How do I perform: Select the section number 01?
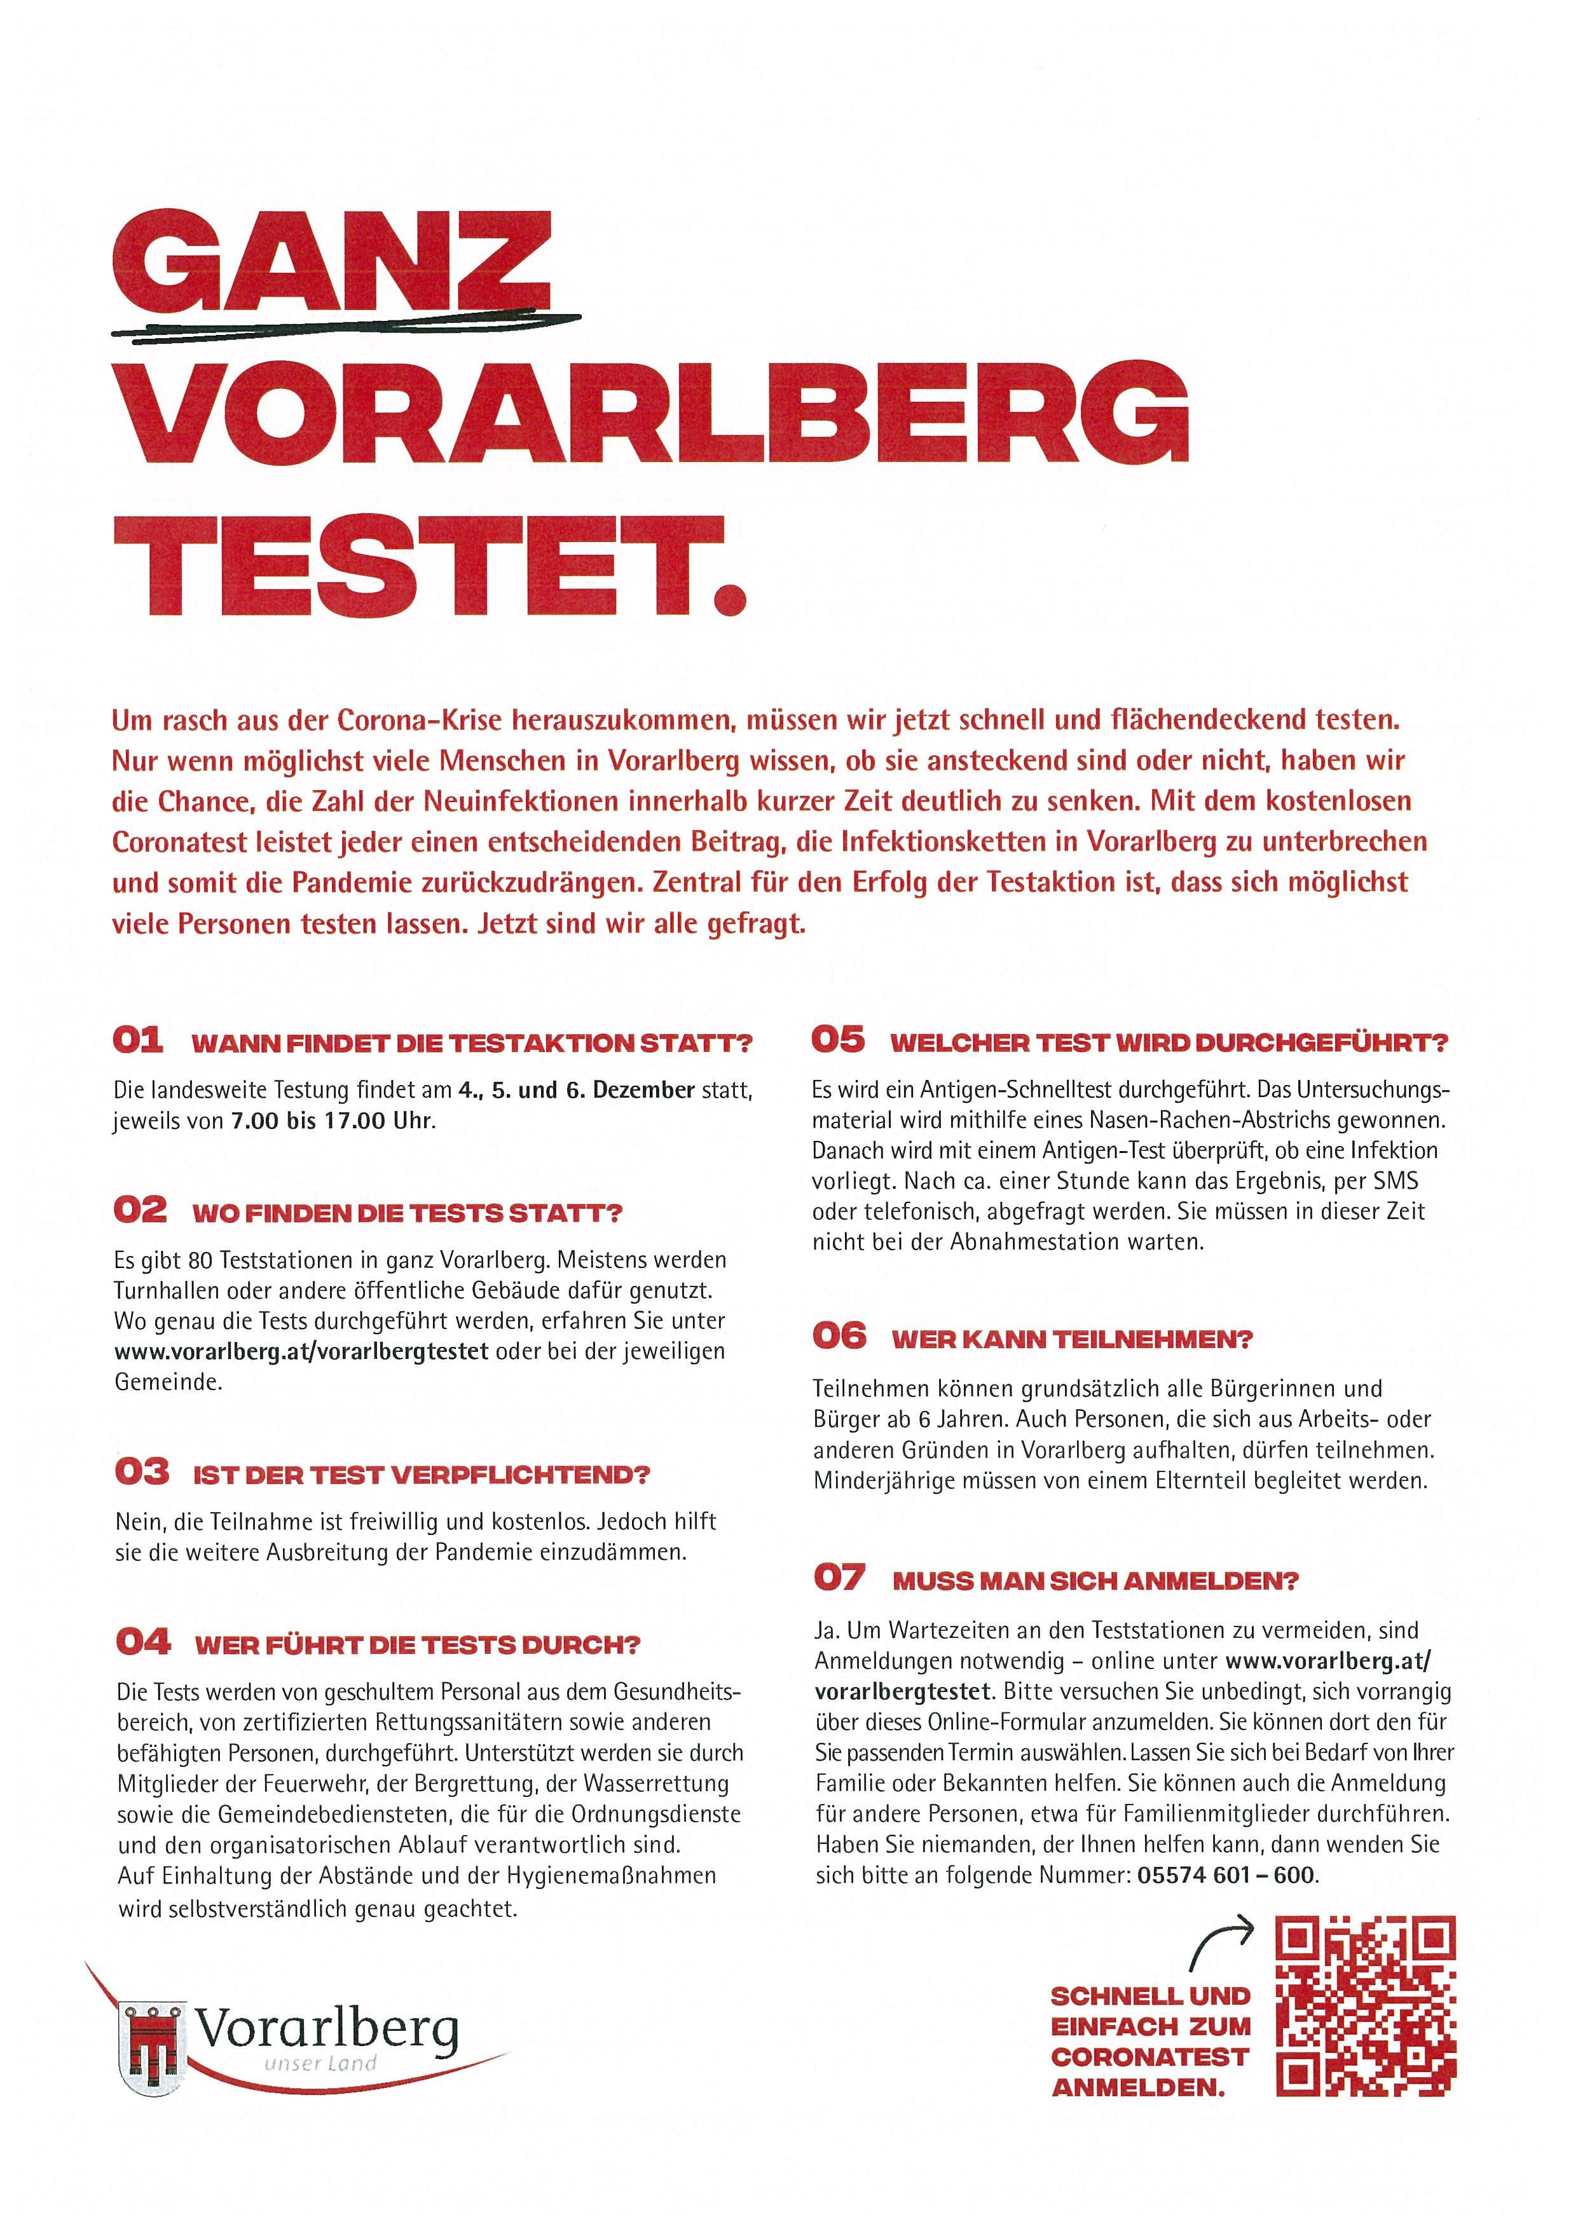(138, 1040)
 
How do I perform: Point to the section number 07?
(839, 1577)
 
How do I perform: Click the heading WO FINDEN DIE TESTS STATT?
(407, 1213)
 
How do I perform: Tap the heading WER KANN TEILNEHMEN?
(1073, 1339)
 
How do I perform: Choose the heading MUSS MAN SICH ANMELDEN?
(1095, 1581)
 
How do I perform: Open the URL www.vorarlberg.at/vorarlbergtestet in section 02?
(301, 1351)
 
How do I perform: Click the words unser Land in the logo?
(320, 2064)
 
